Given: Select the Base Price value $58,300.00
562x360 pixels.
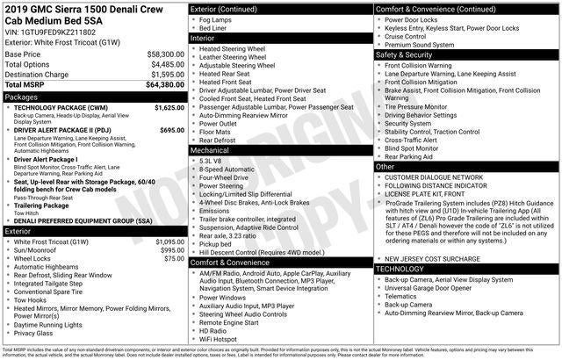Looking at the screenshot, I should click(x=165, y=54).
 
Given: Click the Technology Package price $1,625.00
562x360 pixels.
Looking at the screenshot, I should click(x=169, y=107).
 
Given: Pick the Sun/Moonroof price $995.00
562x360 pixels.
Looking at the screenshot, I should click(x=171, y=250).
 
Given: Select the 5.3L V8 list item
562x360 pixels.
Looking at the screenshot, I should click(x=211, y=161).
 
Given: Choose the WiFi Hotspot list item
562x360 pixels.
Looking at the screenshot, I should click(x=220, y=339).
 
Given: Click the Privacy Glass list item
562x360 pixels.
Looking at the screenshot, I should click(x=32, y=333).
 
